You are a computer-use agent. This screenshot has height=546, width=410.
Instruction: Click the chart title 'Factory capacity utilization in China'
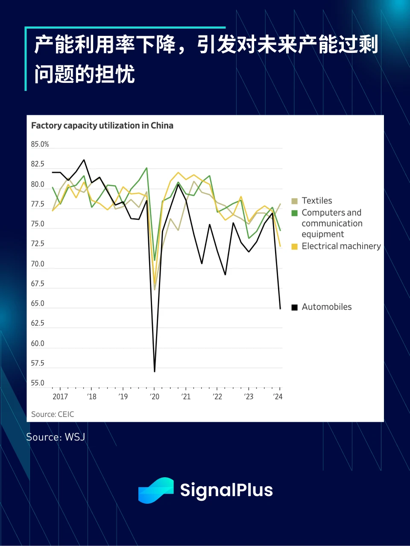coord(102,126)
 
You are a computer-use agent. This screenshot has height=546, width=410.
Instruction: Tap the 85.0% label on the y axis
coord(40,144)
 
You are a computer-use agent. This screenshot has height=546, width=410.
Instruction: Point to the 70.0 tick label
coord(38,264)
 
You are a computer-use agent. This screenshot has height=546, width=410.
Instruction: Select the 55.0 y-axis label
coord(38,383)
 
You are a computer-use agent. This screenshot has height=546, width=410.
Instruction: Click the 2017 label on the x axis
coord(60,397)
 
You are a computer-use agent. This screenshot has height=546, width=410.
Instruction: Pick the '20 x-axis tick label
coord(155,397)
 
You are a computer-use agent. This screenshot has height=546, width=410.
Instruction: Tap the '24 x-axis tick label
coord(278,397)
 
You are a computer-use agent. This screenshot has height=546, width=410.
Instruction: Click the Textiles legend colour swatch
coord(294,201)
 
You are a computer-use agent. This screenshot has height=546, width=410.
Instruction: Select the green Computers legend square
coord(294,213)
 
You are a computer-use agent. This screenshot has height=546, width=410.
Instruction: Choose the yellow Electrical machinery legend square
coord(294,247)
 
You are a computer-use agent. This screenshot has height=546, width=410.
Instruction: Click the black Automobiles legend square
coord(294,307)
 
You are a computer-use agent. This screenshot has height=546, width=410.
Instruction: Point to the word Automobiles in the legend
coord(327,307)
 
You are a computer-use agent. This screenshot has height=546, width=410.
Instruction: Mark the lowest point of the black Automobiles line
coord(155,371)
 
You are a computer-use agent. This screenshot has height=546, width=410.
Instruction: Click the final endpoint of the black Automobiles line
coord(280,309)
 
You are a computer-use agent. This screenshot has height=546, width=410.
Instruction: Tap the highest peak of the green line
coord(146,168)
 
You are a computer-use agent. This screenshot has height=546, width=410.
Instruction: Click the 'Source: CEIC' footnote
coord(53,414)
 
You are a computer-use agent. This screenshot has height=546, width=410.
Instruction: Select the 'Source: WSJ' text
coord(56,437)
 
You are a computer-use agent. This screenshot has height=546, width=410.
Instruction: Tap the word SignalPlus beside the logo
coord(226,490)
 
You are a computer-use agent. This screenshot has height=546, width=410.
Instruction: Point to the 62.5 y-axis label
coord(38,323)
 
